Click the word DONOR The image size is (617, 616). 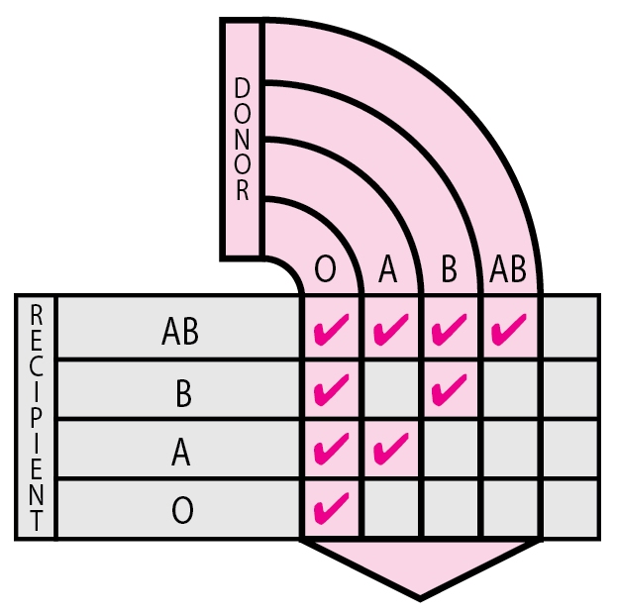click(242, 139)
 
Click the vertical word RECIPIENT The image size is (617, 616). click(37, 418)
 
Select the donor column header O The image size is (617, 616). click(326, 269)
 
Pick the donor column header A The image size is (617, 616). click(388, 269)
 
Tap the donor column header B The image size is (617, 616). click(449, 269)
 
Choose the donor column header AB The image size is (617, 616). click(508, 269)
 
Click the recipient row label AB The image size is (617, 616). click(180, 332)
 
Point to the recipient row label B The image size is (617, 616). click(183, 393)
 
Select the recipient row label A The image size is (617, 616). click(181, 453)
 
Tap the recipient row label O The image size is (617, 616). click(182, 510)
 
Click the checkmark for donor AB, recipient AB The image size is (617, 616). click(508, 330)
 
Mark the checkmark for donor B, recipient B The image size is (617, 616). click(449, 389)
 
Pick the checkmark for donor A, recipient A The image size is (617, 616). click(391, 449)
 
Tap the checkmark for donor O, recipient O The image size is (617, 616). click(332, 508)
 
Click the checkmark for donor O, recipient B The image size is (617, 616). click(332, 389)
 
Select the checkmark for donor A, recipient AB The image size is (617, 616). click(391, 330)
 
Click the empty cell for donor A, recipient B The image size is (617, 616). click(391, 389)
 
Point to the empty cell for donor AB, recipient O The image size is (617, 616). click(510, 508)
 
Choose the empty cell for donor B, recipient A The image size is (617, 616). click(451, 449)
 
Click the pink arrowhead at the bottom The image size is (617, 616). click(420, 569)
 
